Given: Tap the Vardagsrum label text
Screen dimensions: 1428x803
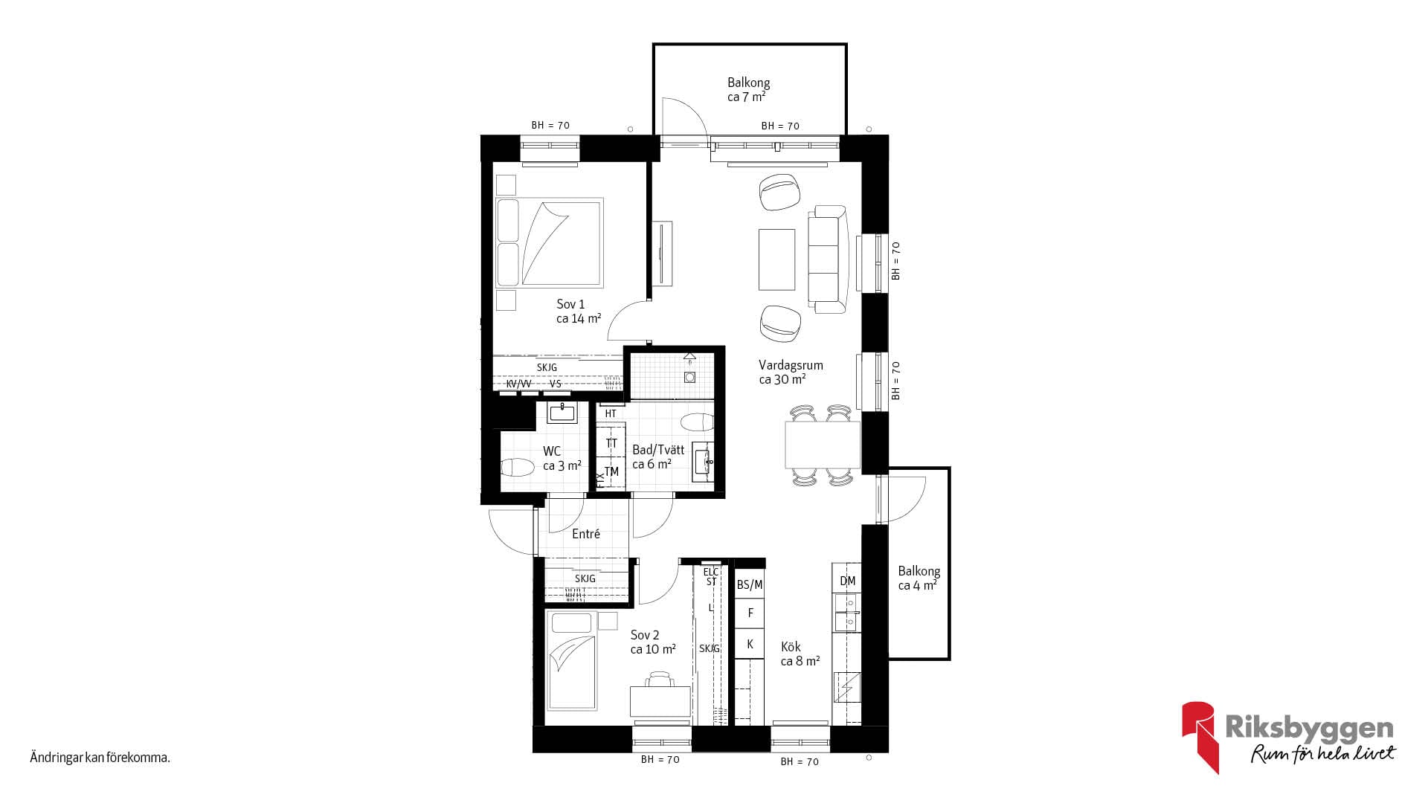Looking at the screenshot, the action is point(791,365).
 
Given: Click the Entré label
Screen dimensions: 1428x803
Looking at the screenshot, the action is point(586,534).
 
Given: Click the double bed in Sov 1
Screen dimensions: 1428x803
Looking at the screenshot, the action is point(549,242).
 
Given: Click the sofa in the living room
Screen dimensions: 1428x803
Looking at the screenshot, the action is point(829,259).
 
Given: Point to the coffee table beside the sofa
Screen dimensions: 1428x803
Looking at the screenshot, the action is point(777,259).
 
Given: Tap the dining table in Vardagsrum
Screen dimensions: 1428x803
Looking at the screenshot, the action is point(823,445).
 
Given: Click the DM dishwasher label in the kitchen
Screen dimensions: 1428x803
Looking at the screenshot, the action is point(848,581).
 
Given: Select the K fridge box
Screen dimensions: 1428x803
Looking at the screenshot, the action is point(750,644).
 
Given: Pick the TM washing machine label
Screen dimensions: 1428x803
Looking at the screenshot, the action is point(611,472).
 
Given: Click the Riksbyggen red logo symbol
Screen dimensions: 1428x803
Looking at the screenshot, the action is point(1200,736).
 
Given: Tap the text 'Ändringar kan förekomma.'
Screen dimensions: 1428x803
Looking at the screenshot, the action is point(100,758).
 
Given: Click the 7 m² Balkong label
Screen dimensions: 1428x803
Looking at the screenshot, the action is point(748,90).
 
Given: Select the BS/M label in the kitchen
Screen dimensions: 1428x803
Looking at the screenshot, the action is point(750,585).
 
